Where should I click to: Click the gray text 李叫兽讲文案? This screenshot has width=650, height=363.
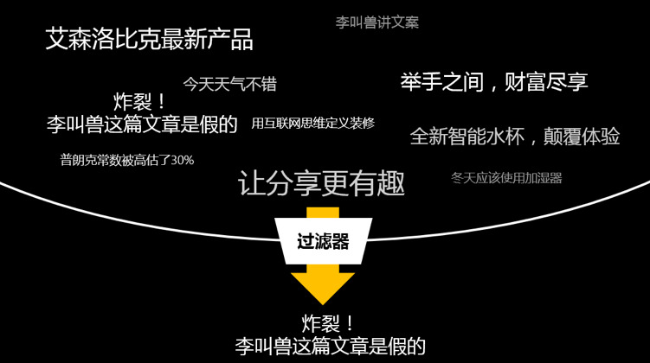376,22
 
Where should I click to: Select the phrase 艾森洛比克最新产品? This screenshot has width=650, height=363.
149,39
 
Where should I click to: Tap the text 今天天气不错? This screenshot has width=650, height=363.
229,84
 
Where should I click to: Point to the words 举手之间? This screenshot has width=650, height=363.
440,82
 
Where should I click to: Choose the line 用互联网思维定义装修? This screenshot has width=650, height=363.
312,123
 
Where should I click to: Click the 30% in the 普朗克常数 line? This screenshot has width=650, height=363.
183,160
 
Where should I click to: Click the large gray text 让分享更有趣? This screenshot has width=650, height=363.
321,183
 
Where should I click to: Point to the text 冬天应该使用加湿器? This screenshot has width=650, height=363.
506,178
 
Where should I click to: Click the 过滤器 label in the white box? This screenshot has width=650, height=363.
323,242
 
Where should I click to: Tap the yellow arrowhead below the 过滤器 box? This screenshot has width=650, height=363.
323,286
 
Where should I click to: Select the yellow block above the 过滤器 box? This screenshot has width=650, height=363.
323,213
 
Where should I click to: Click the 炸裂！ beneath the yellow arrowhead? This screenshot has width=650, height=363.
328,324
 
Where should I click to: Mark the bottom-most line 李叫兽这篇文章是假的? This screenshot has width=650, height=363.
330,347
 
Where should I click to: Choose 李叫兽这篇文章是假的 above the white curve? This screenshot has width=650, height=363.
142,124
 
